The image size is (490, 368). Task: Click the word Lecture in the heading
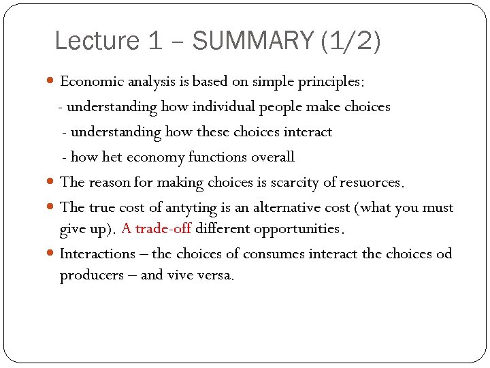pyautogui.click(x=97, y=41)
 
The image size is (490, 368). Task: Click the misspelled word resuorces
pyautogui.click(x=373, y=183)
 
